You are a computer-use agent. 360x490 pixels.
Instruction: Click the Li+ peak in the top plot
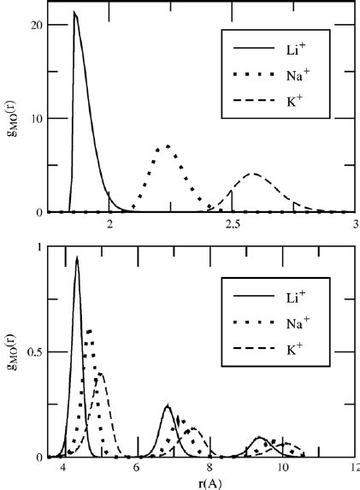[75, 13]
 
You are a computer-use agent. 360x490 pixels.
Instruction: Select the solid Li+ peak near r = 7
[168, 406]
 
